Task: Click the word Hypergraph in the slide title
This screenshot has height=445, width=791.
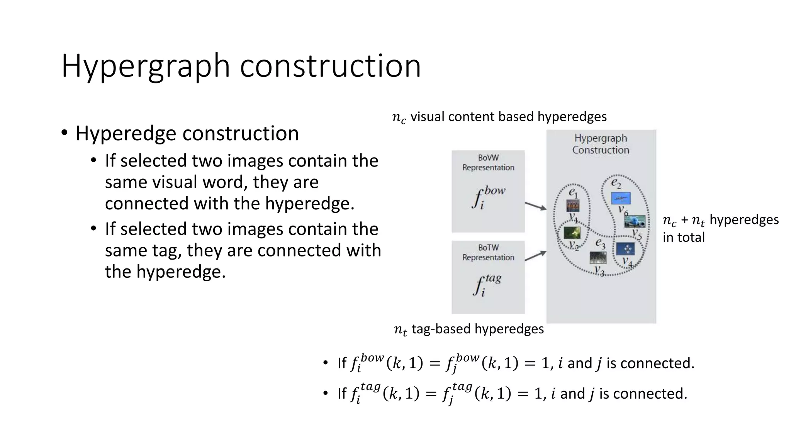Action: (x=146, y=66)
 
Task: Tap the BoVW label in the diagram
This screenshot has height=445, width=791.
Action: (x=488, y=158)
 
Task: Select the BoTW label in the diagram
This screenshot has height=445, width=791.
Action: (x=488, y=248)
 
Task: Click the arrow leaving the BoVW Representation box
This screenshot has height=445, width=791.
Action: (x=535, y=206)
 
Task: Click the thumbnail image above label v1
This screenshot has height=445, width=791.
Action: (x=573, y=206)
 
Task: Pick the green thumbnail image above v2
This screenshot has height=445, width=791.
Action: (x=572, y=233)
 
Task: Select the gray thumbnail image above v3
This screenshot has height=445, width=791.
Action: (x=598, y=258)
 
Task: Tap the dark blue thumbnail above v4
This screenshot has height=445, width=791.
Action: (x=625, y=249)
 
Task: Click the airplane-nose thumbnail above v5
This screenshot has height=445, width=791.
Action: (x=635, y=221)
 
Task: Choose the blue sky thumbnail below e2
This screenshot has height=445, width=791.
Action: (x=621, y=198)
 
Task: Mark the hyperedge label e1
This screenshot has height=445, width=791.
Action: (x=573, y=192)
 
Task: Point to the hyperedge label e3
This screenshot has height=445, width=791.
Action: (x=600, y=243)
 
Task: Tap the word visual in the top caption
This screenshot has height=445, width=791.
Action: (x=428, y=116)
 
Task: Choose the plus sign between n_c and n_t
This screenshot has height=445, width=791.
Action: (x=684, y=220)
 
